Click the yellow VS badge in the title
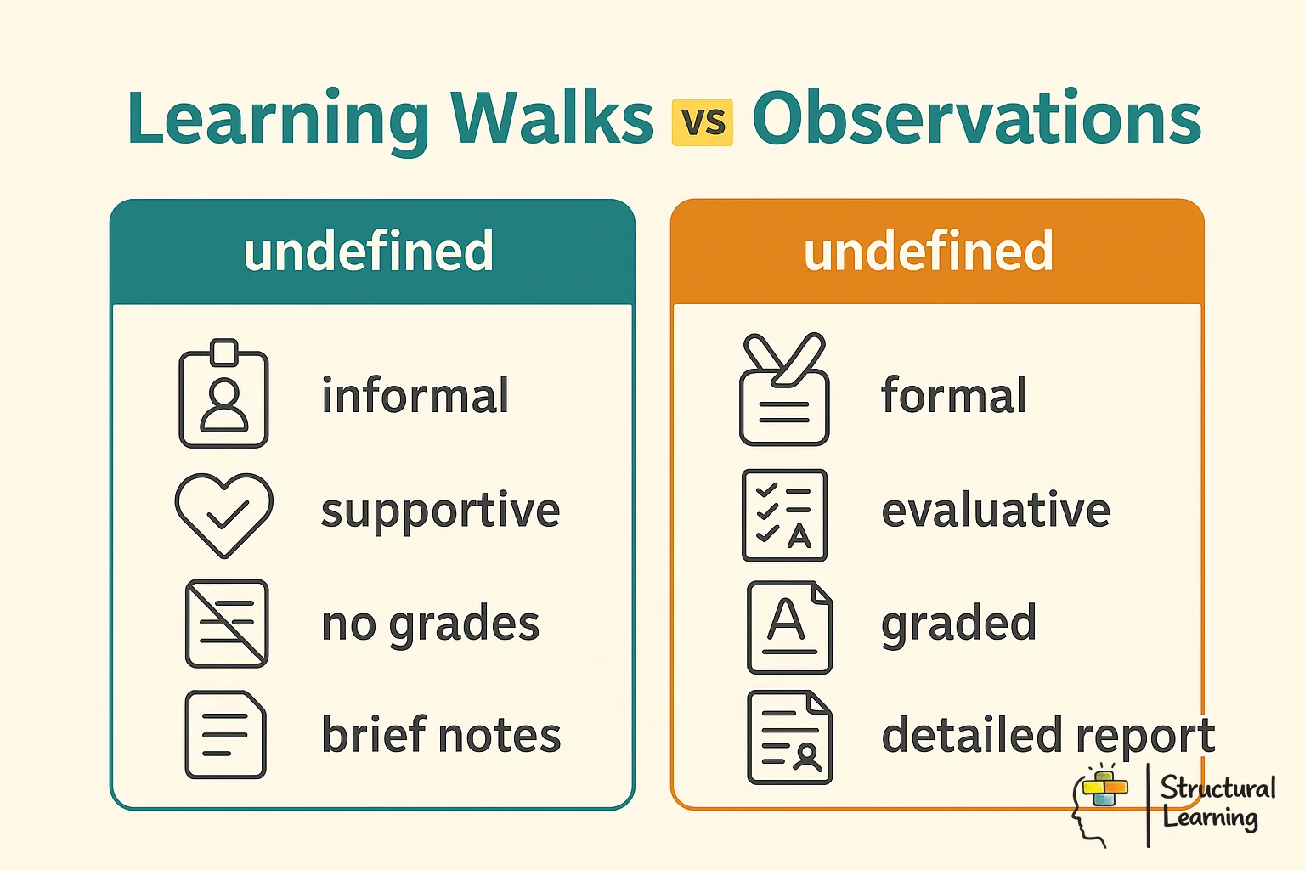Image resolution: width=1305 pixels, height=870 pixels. (702, 122)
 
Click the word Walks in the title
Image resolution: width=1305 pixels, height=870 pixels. (551, 118)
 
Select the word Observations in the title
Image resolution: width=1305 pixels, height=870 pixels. (976, 118)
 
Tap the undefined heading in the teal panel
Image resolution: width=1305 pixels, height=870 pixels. (369, 251)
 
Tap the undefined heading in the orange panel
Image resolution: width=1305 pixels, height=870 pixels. (929, 251)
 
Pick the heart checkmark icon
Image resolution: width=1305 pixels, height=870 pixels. (223, 513)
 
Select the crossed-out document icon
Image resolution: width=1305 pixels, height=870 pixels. (227, 624)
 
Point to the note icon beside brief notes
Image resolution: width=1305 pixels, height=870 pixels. (226, 735)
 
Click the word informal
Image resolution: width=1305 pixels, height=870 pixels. (415, 396)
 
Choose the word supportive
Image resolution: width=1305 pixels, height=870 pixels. (440, 511)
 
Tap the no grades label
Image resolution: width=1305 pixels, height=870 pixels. (430, 624)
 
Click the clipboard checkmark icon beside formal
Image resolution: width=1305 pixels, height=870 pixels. (784, 391)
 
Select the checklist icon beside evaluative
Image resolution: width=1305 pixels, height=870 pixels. (784, 515)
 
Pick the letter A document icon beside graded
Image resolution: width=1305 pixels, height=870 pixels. (789, 627)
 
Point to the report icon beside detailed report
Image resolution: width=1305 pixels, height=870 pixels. (789, 737)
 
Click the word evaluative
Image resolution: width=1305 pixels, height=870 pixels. (996, 511)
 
